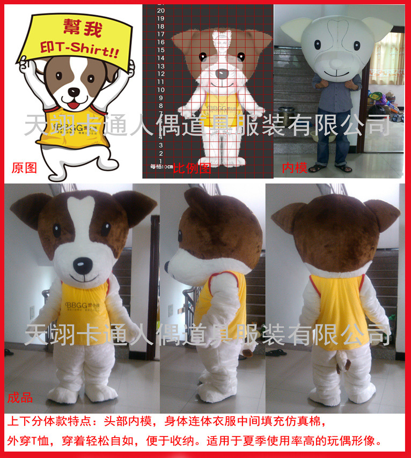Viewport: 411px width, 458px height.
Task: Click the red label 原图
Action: (24, 168)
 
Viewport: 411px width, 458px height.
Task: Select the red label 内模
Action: (295, 168)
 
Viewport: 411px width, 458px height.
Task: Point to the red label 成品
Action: (20, 397)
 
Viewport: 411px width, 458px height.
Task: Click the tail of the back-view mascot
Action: (342, 367)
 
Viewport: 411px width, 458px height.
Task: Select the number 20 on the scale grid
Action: (160, 10)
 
